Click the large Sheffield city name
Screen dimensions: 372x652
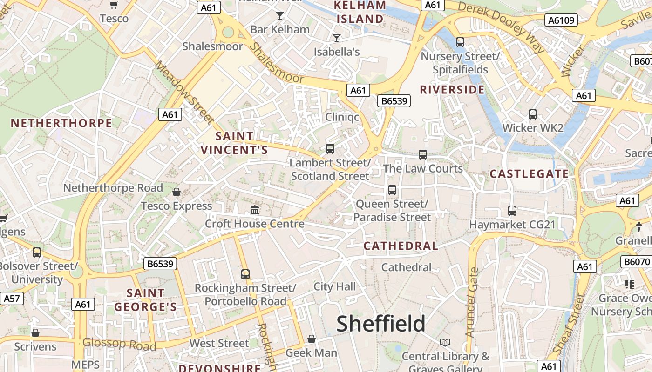point(380,324)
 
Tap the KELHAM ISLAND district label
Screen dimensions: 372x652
point(360,12)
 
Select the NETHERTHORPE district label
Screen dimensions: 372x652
point(61,123)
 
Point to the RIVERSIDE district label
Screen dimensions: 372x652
point(452,90)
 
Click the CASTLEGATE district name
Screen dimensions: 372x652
point(529,174)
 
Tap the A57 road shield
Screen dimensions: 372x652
point(12,298)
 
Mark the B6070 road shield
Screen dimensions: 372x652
point(637,262)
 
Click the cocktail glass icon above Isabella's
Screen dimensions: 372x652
point(337,38)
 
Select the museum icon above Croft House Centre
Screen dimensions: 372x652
point(255,210)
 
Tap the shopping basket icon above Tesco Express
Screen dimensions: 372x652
point(177,192)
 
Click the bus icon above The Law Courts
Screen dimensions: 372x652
point(422,154)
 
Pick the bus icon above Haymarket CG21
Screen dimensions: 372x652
point(512,210)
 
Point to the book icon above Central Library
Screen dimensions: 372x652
point(445,342)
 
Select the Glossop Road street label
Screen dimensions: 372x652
point(119,344)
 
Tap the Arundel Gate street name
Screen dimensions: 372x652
point(472,302)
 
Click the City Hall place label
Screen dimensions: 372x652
point(334,286)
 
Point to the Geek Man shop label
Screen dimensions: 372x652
point(311,352)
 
